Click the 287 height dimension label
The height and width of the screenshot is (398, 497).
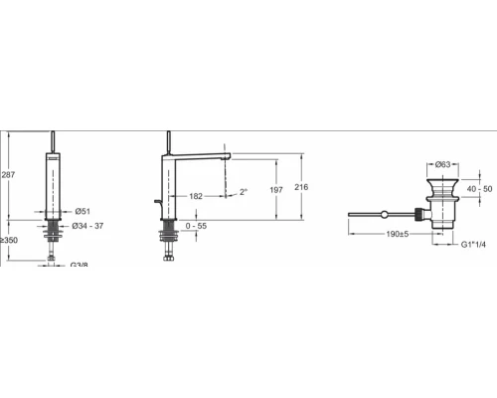[8, 174]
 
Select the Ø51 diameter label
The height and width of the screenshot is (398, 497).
[83, 211]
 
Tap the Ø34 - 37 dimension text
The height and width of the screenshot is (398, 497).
[87, 226]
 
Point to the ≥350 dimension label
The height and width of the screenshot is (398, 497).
[9, 240]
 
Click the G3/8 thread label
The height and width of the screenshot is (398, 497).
[80, 265]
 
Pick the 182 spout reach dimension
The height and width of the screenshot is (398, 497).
[196, 196]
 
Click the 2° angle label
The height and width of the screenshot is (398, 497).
[244, 192]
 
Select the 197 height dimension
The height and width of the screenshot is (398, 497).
[276, 190]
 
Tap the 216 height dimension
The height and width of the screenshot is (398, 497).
[301, 187]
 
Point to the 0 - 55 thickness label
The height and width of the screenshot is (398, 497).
[196, 226]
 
